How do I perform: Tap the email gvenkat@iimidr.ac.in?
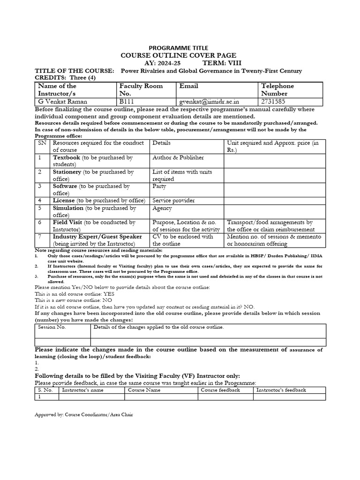pyautogui.click(x=209, y=101)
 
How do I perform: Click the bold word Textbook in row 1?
pyautogui.click(x=67, y=157)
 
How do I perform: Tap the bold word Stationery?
pyautogui.click(x=68, y=172)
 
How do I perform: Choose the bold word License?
pyautogui.click(x=63, y=201)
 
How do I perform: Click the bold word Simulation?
pyautogui.click(x=68, y=208)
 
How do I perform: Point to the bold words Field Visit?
pyautogui.click(x=67, y=222)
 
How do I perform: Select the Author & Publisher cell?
pyautogui.click(x=172, y=157)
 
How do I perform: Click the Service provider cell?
pyautogui.click(x=173, y=201)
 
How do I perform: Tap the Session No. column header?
pyautogui.click(x=52, y=327)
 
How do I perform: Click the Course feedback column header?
pyautogui.click(x=220, y=390)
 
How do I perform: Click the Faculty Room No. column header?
pyautogui.click(x=141, y=90)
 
